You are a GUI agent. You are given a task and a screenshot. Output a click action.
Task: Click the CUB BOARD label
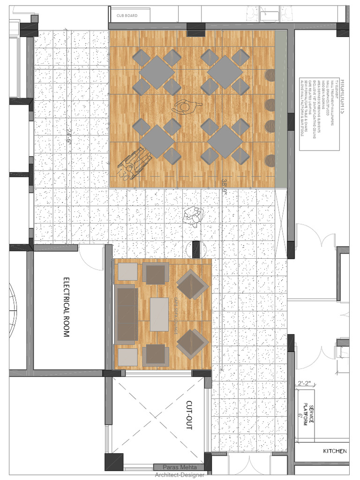127,16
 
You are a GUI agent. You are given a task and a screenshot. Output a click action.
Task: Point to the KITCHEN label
335,451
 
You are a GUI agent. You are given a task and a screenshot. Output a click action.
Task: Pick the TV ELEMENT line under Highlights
336,90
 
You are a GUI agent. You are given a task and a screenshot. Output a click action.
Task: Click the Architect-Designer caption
180,475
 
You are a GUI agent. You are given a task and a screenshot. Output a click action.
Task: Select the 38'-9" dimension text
225,186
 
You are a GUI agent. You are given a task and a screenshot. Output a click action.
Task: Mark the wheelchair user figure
132,163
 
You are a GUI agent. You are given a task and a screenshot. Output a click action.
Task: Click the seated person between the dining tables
186,107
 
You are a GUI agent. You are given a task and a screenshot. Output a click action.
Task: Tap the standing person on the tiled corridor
193,217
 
